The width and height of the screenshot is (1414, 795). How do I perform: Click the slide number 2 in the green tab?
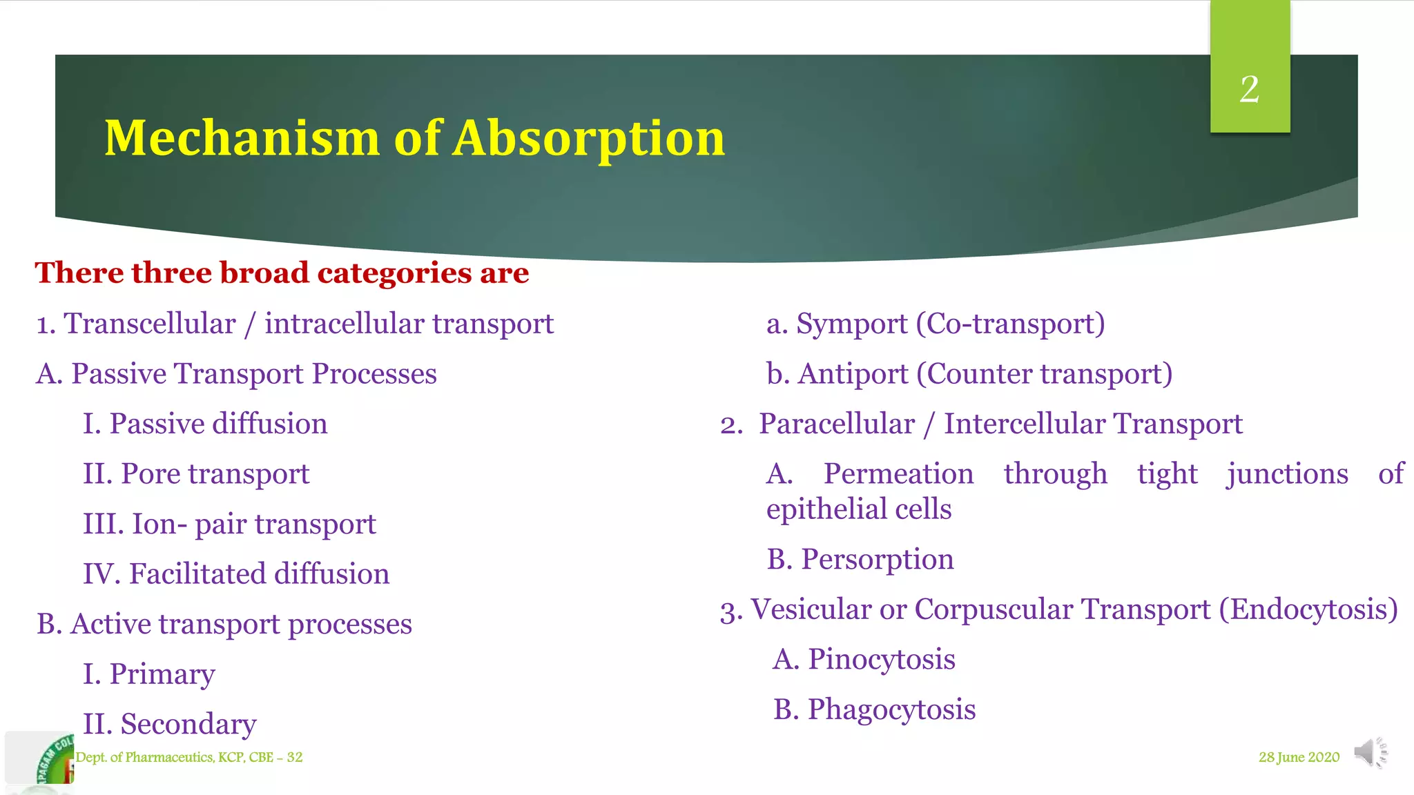coord(1249,89)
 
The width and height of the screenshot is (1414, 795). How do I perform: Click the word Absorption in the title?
coord(589,138)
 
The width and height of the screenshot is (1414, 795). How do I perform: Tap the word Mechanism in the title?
coord(242,138)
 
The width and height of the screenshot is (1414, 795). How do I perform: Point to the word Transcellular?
coord(150,324)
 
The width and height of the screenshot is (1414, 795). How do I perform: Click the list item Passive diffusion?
coord(205,424)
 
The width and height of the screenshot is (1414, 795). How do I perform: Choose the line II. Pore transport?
coord(196,474)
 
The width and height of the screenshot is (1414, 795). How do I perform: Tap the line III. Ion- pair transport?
coord(229,524)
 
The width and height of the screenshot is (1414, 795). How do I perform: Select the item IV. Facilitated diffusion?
coord(236,574)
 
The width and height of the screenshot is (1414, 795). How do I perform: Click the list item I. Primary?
coord(149,674)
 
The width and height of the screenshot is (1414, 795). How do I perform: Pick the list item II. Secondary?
coord(170,724)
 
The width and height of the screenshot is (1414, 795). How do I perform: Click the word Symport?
coord(851,324)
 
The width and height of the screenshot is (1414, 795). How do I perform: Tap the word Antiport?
coord(853,374)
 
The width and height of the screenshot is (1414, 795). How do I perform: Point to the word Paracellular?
coord(837,424)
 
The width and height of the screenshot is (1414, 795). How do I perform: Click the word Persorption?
coord(877,559)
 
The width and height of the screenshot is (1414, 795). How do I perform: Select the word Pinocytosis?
coord(881,659)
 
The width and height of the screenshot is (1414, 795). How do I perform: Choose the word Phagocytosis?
coord(891,709)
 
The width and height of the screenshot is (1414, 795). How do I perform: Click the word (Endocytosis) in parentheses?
coord(1308,609)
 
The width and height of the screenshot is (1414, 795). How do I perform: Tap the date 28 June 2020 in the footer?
coord(1299,757)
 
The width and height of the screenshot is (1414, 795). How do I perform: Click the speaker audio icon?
coord(1370,752)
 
